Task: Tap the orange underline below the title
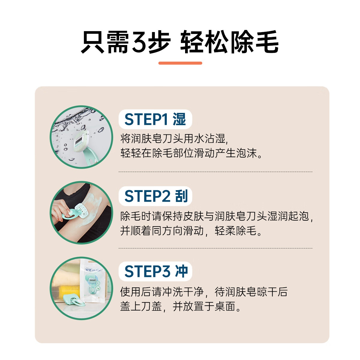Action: tap(180, 63)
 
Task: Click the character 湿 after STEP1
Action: tap(179, 119)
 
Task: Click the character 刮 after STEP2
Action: tap(181, 196)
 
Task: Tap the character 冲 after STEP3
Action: tap(181, 271)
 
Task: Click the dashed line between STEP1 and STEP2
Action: tap(215, 172)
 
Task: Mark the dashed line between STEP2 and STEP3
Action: tap(215, 248)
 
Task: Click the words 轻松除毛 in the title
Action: tap(229, 42)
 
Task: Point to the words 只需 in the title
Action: tap(105, 42)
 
